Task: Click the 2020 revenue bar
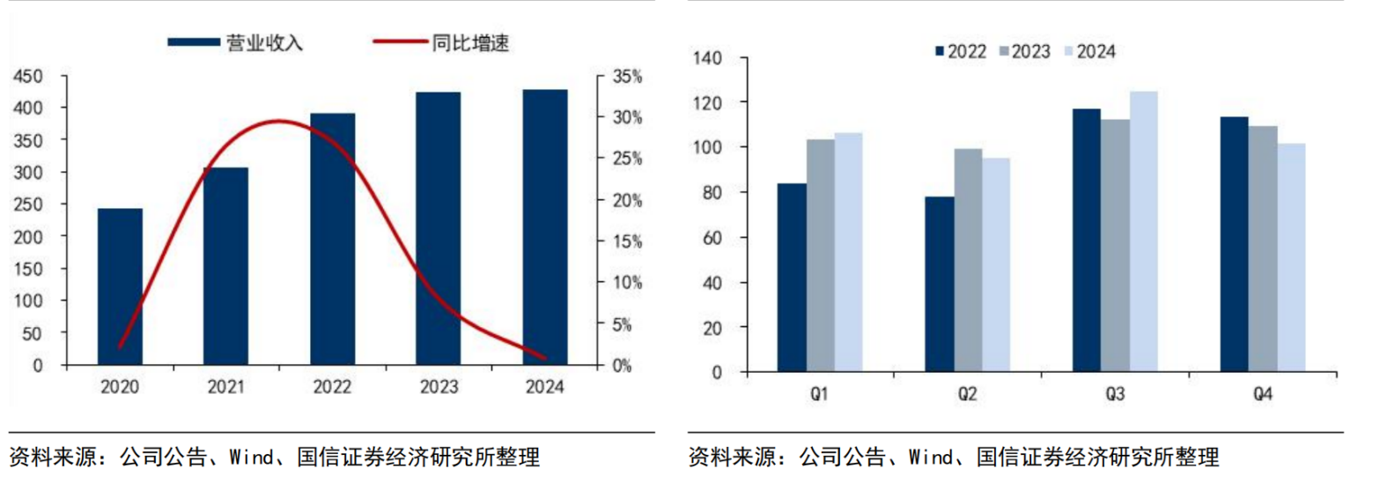(x=120, y=286)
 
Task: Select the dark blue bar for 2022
(x=332, y=239)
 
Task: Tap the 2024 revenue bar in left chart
(x=544, y=227)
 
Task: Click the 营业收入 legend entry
(x=236, y=42)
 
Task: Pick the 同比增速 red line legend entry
(x=441, y=42)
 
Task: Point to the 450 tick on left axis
(x=27, y=77)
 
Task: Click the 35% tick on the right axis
(x=627, y=77)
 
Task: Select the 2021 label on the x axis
(x=225, y=387)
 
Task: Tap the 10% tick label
(x=627, y=283)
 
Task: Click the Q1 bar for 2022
(x=792, y=278)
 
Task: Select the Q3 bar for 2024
(x=1143, y=231)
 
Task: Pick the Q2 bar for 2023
(x=968, y=260)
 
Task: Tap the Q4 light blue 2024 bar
(x=1291, y=257)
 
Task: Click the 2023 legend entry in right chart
(x=1024, y=52)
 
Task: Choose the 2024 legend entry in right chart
(x=1089, y=52)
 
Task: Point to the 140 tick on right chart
(x=707, y=58)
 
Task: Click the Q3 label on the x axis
(x=1115, y=394)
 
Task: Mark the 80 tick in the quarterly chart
(x=712, y=192)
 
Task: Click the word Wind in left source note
(x=251, y=457)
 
